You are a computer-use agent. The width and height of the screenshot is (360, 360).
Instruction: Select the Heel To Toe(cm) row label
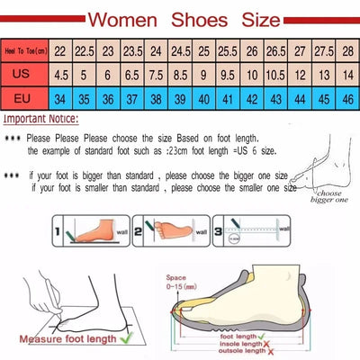pos(25,52)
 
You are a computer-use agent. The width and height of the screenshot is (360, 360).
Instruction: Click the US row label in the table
pos(25,75)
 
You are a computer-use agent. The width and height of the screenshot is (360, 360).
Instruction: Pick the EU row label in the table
pos(25,96)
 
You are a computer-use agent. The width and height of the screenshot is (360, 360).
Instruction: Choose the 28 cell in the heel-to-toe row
pos(346,52)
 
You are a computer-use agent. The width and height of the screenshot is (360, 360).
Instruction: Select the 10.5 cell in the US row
pos(274,75)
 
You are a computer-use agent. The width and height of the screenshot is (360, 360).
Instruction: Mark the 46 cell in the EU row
pos(346,96)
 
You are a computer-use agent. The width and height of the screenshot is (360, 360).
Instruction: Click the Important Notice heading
pos(40,119)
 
